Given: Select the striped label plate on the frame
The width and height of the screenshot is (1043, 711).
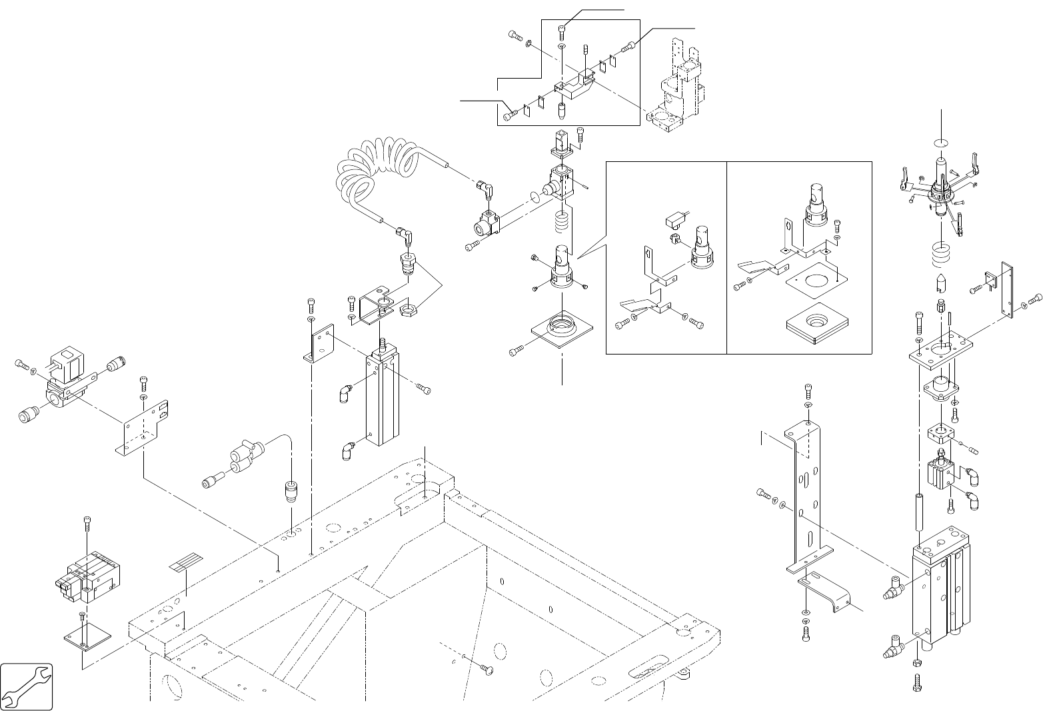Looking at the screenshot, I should pos(187,564).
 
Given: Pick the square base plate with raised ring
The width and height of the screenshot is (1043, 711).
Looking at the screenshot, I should pos(562,331).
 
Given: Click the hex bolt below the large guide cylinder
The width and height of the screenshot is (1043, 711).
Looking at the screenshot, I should pos(916,682).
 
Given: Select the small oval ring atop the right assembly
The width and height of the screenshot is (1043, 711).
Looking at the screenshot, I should pos(940,142).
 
